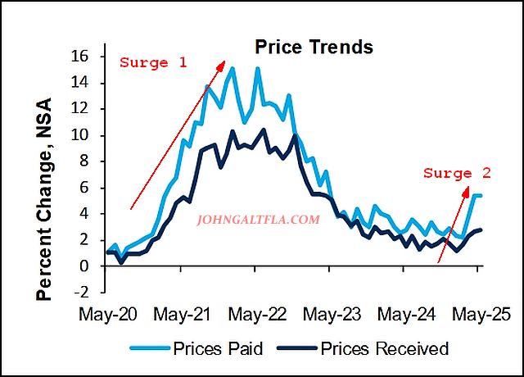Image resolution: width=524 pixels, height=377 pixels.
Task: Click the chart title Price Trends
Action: (314, 47)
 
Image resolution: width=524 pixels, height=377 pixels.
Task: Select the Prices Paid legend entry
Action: (217, 348)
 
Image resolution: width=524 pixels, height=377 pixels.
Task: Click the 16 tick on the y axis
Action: (88, 57)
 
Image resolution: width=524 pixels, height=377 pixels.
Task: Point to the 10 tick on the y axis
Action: (88, 135)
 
